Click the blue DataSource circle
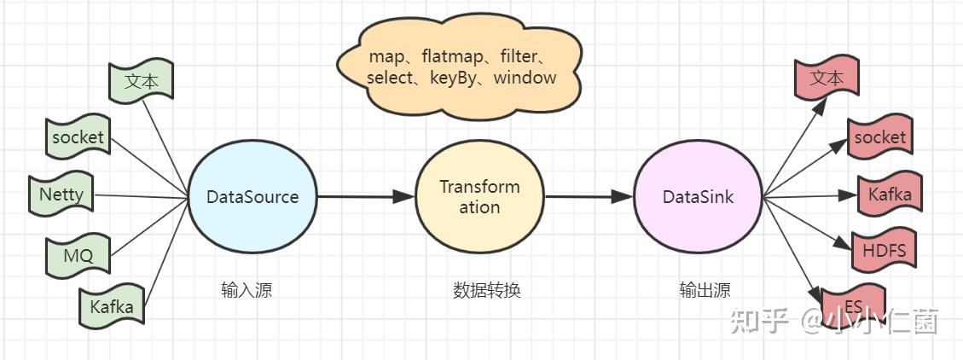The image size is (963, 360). [252, 196]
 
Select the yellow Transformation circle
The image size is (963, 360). [479, 196]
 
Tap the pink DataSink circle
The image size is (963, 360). [699, 196]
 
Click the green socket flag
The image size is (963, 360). [78, 136]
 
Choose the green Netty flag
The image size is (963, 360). [61, 195]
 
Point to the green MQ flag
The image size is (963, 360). [78, 255]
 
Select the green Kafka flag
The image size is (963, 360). [111, 305]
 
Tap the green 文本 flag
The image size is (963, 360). [141, 80]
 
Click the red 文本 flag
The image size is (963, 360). [826, 77]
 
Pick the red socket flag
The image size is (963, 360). [880, 136]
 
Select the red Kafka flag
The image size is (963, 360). [890, 194]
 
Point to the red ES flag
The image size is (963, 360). [852, 305]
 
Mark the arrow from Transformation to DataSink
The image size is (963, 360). [589, 196]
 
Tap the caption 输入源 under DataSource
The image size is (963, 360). [247, 289]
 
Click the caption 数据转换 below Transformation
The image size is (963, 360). [487, 289]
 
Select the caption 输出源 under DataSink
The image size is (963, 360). [705, 289]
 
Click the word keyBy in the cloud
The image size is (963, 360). [453, 78]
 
